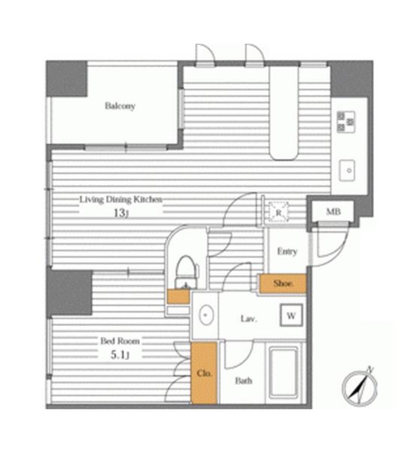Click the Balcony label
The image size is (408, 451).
click(x=120, y=106)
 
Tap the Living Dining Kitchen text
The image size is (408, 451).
click(x=120, y=199)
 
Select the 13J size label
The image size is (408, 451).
click(x=120, y=213)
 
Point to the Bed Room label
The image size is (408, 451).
click(x=120, y=341)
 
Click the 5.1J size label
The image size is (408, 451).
click(x=120, y=356)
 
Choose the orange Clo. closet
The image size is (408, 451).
click(x=204, y=373)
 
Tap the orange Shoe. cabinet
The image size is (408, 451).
click(x=282, y=283)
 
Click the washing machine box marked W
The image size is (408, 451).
click(x=291, y=315)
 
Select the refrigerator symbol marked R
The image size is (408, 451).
click(x=279, y=212)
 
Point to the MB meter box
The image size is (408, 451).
click(x=333, y=212)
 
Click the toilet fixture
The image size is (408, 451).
click(x=187, y=271)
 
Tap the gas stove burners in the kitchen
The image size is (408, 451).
click(x=346, y=122)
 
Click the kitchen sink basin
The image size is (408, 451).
click(x=347, y=171)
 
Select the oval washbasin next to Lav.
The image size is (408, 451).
click(x=206, y=315)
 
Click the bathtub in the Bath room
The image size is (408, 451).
click(x=284, y=373)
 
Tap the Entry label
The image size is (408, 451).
click(x=287, y=251)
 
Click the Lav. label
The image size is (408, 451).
click(x=248, y=319)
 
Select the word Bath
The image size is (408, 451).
click(x=244, y=381)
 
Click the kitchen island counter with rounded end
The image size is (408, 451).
click(x=284, y=113)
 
